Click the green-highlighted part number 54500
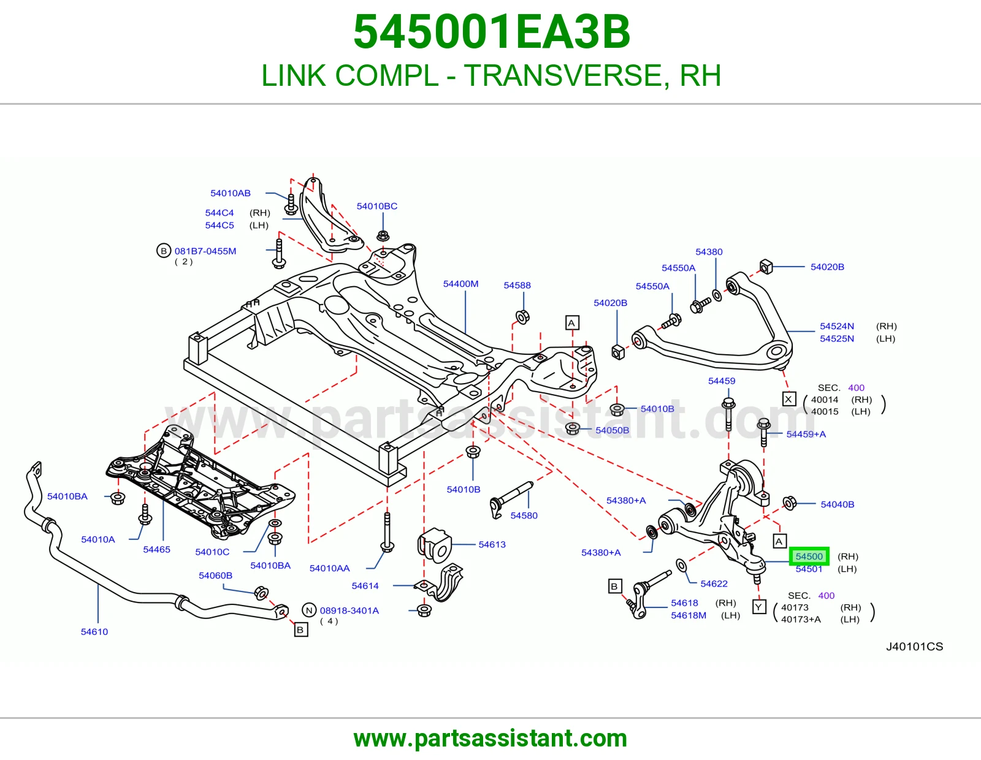pyautogui.click(x=809, y=556)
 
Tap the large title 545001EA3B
pyautogui.click(x=492, y=32)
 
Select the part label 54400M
pyautogui.click(x=460, y=284)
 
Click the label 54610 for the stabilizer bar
pyautogui.click(x=94, y=632)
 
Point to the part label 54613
pyautogui.click(x=492, y=544)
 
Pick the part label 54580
pyautogui.click(x=524, y=515)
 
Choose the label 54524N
pyautogui.click(x=837, y=326)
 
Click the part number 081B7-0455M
pyautogui.click(x=205, y=251)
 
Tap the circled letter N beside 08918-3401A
pyautogui.click(x=309, y=610)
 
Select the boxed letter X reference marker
pyautogui.click(x=788, y=399)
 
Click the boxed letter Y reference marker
pyautogui.click(x=759, y=607)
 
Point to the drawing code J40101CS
pyautogui.click(x=915, y=647)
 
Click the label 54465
pyautogui.click(x=156, y=549)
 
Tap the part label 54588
pyautogui.click(x=517, y=285)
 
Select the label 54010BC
pyautogui.click(x=377, y=207)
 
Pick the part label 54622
pyautogui.click(x=714, y=583)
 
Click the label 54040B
pyautogui.click(x=838, y=504)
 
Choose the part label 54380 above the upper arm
pyautogui.click(x=709, y=252)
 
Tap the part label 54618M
pyautogui.click(x=689, y=615)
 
